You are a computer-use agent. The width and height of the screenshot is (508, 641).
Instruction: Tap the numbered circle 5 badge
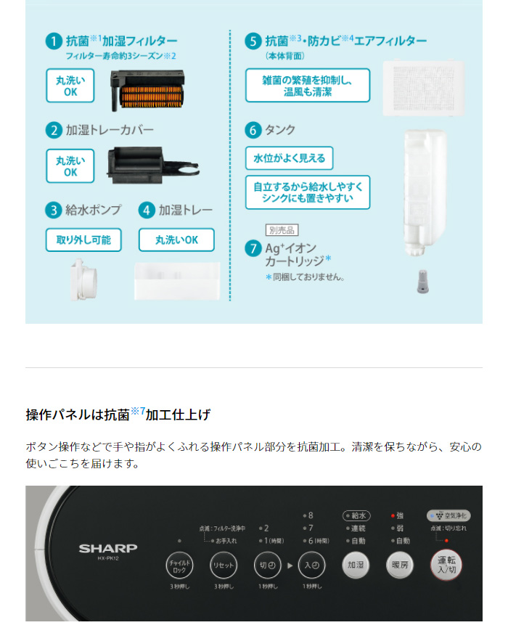(x=253, y=41)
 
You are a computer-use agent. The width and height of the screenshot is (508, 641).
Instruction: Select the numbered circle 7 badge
(x=253, y=248)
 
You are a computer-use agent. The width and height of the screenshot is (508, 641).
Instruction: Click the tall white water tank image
(x=424, y=190)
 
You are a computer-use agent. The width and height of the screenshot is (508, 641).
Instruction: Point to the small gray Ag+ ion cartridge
(x=422, y=282)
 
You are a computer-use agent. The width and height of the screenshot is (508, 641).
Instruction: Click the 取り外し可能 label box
(x=83, y=240)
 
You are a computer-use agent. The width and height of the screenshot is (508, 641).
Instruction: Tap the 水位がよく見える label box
(x=289, y=158)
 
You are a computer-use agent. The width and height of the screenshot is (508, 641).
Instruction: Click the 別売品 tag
(x=282, y=230)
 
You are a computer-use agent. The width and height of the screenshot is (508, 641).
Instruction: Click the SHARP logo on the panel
(x=108, y=548)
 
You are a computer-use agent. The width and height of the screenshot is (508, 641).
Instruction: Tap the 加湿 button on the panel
(x=356, y=564)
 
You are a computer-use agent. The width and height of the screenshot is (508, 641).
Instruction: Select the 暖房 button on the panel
(x=400, y=564)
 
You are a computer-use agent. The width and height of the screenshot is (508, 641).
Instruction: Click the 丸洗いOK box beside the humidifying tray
(x=176, y=240)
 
